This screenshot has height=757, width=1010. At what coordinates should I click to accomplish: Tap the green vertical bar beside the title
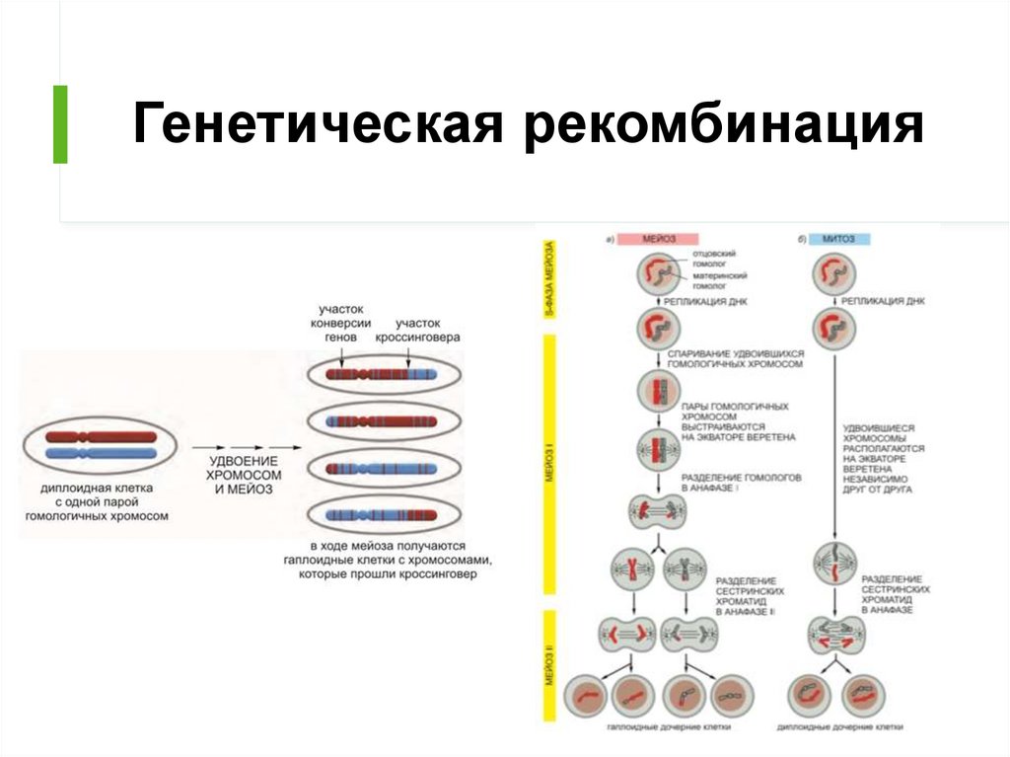[x=60, y=124]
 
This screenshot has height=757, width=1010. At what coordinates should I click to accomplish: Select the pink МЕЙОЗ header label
[x=658, y=239]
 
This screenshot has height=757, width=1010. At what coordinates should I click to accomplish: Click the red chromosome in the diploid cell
[x=99, y=436]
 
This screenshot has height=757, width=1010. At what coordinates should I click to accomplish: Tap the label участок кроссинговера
[x=418, y=330]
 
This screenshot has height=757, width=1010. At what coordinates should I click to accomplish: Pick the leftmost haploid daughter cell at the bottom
[x=586, y=696]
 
